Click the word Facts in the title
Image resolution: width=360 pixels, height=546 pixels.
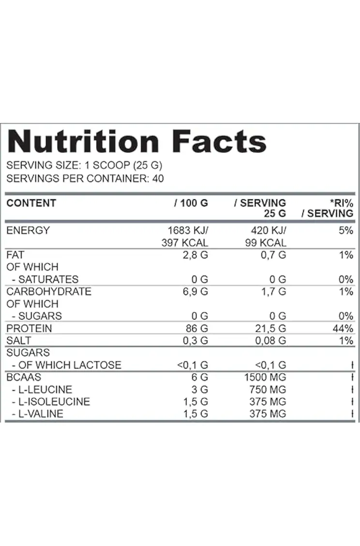click(x=219, y=141)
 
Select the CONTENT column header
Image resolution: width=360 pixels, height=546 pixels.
click(x=31, y=203)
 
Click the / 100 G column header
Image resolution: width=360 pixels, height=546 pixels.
click(x=191, y=203)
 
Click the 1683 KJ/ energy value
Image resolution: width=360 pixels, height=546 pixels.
click(x=188, y=230)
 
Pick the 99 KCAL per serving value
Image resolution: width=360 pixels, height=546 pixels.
click(x=266, y=243)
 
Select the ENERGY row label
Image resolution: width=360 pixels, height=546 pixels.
click(x=28, y=230)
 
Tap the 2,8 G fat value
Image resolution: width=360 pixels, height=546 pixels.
click(x=195, y=255)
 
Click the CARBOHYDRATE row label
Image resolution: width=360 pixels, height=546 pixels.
click(x=49, y=291)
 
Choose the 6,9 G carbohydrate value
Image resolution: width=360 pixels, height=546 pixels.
click(x=195, y=292)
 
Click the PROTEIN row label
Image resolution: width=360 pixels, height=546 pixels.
click(x=29, y=328)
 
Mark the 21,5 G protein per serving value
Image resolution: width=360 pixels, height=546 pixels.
click(x=270, y=329)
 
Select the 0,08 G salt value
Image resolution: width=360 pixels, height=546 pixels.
click(x=270, y=341)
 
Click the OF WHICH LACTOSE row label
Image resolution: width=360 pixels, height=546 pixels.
click(x=70, y=365)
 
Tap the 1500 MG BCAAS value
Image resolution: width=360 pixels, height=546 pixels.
click(x=265, y=377)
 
